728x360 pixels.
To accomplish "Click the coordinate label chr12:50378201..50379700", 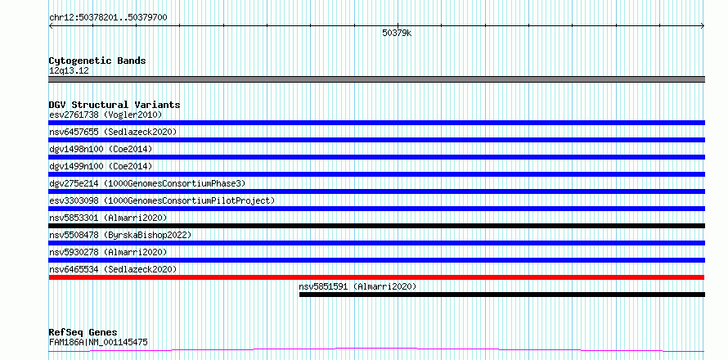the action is (x=108, y=18).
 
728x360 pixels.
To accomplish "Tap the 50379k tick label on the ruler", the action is (x=397, y=33).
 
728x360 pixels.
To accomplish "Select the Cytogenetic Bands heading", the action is (x=97, y=61).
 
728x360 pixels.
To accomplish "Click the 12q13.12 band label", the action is (x=69, y=71).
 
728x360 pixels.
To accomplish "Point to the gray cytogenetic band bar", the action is (x=376, y=79).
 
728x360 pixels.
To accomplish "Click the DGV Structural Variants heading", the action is (x=115, y=105).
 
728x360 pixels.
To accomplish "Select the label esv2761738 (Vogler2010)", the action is (x=106, y=115).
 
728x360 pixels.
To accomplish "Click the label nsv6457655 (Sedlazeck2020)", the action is (x=113, y=132).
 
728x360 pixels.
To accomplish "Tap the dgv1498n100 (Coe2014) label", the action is (x=101, y=149).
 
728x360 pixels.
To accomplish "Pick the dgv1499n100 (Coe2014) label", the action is (x=101, y=166).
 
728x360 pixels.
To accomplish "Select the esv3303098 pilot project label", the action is (x=162, y=200).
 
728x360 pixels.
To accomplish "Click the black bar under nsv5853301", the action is (x=376, y=226).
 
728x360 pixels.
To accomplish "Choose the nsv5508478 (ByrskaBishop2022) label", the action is (x=120, y=235).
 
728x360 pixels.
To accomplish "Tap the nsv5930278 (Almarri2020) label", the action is (x=108, y=252).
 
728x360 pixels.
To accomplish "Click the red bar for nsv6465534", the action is (x=376, y=277).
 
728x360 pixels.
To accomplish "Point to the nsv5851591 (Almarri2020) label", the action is (x=357, y=286).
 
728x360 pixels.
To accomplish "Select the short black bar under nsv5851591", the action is (x=502, y=295).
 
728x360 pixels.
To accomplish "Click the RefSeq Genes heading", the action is (x=83, y=332).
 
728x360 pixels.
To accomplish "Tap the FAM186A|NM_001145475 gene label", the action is (x=98, y=343).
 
